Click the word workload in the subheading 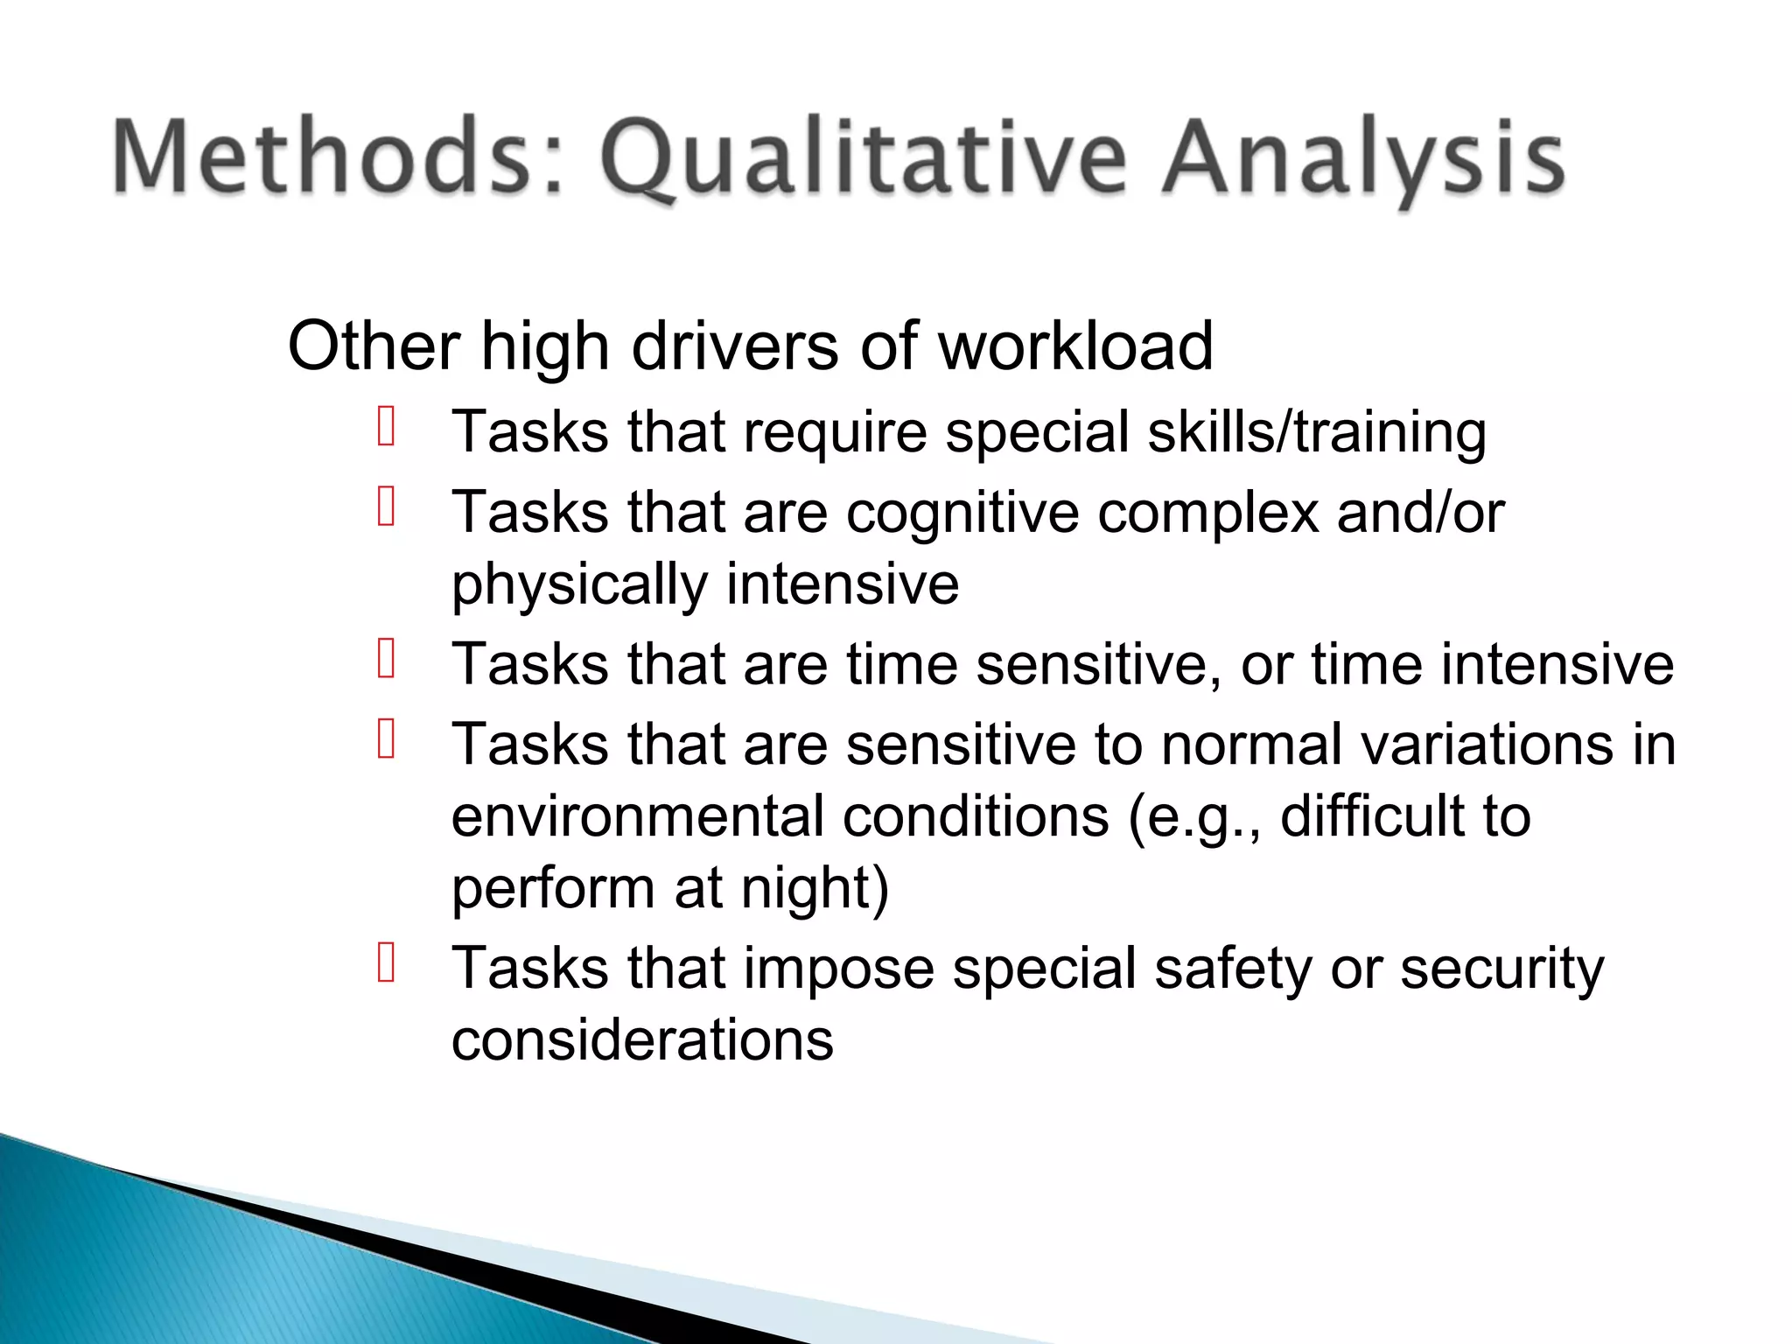(x=1075, y=346)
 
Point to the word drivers (x=735, y=346)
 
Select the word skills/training (x=1317, y=432)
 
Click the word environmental (x=638, y=816)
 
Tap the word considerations (x=642, y=1040)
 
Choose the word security (x=1501, y=969)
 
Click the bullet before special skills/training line (x=387, y=427)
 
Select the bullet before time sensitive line (x=387, y=659)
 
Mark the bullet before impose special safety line (x=387, y=963)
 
